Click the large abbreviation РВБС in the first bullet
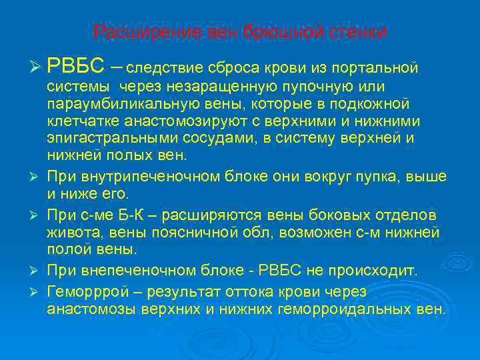[75, 67]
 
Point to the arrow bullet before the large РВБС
[36, 68]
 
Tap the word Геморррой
[88, 291]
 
